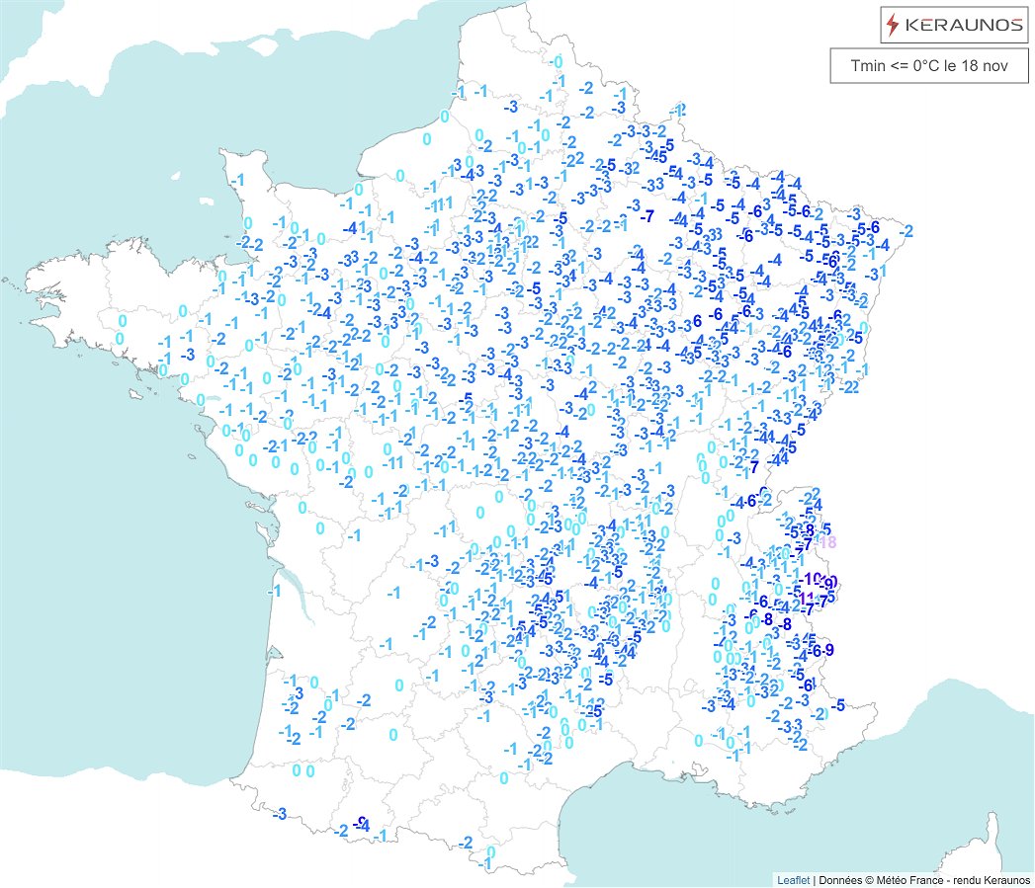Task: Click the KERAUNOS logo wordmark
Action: coord(965,24)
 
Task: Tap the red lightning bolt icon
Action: coord(894,24)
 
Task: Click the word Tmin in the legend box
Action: coord(870,66)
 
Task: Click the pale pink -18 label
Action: coord(827,541)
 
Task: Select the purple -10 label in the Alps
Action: coord(814,578)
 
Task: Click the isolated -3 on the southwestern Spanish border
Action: coord(279,813)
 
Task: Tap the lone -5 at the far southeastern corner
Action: coord(838,704)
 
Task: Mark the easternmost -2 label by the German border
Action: coord(906,230)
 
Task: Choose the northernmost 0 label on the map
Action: coord(559,61)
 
